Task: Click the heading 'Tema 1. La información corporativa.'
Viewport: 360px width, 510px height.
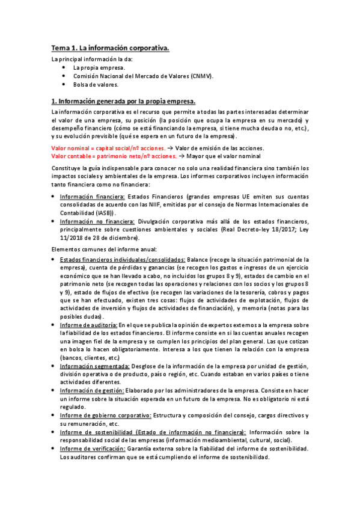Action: pyautogui.click(x=109, y=48)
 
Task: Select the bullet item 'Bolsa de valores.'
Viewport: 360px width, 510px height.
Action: pyautogui.click(x=96, y=85)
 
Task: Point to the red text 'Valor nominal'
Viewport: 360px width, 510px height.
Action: pyautogui.click(x=70, y=148)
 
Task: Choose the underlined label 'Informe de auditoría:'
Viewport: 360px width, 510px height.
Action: pyautogui.click(x=88, y=325)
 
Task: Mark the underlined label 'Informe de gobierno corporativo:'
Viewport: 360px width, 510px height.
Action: pyautogui.click(x=105, y=416)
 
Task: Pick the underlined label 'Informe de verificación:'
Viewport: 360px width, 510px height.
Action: pyautogui.click(x=92, y=449)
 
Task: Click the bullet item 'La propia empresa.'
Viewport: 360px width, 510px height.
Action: pyautogui.click(x=99, y=68)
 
